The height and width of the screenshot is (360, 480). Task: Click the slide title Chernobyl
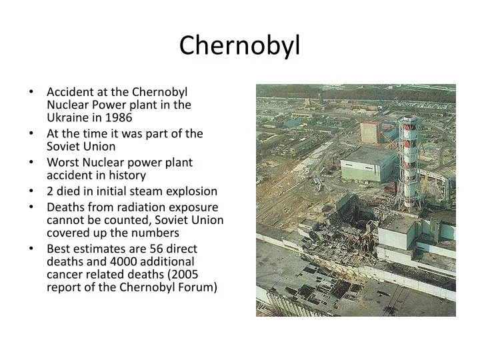point(240,45)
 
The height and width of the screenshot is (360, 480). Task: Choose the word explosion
point(191,191)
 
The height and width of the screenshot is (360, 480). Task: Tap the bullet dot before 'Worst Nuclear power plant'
point(31,162)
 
